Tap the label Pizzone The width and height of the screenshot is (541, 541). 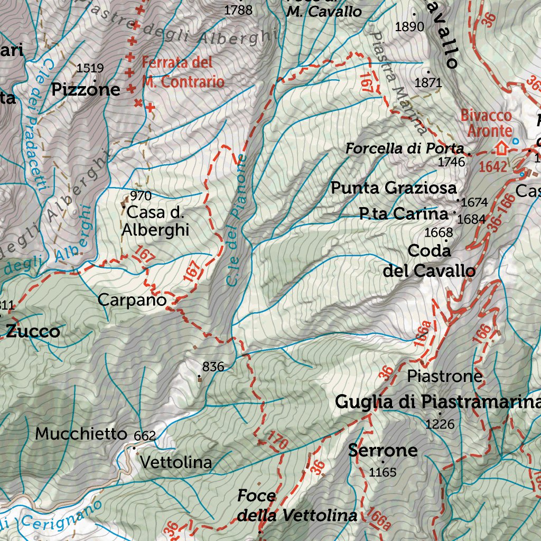[x=86, y=90]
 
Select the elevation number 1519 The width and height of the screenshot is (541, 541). [x=90, y=68]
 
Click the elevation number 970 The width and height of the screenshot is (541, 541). [x=141, y=196]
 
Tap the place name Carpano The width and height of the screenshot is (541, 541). [x=132, y=300]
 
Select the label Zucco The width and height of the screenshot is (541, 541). [x=33, y=332]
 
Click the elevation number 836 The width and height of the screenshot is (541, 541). [x=213, y=366]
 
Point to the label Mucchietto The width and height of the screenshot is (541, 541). [x=81, y=434]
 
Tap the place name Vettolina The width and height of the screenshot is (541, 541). [x=176, y=463]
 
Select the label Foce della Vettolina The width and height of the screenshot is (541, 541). [x=296, y=506]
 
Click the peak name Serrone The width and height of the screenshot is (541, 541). [x=383, y=451]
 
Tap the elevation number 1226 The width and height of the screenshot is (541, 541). [x=440, y=424]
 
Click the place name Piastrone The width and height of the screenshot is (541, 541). [x=445, y=376]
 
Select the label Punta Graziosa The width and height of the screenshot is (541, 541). [x=393, y=188]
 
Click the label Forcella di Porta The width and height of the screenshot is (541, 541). [x=404, y=149]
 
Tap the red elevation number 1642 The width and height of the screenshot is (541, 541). [x=493, y=167]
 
